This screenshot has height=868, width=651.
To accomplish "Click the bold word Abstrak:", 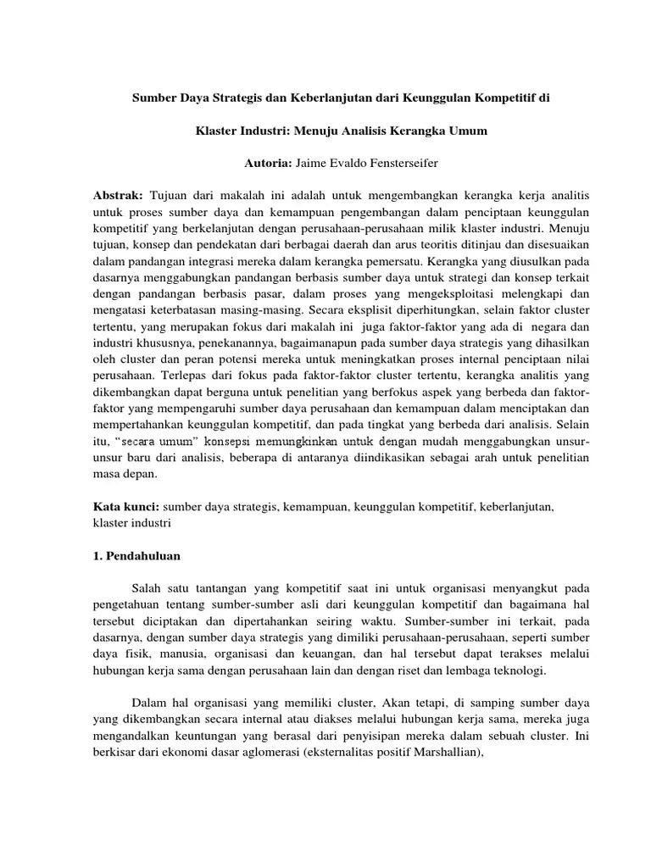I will [x=118, y=194].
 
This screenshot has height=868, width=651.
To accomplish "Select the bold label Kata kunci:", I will [x=125, y=506].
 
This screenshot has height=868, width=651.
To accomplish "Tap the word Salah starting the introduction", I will [x=149, y=587].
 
